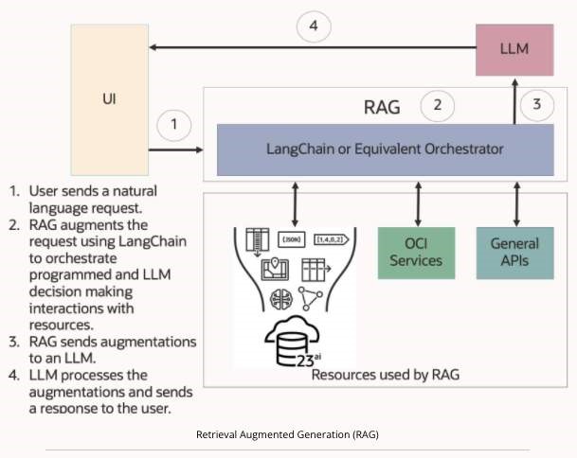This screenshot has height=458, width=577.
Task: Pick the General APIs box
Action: click(515, 252)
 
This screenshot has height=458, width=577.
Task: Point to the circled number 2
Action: click(437, 105)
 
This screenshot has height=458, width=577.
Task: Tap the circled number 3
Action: click(536, 105)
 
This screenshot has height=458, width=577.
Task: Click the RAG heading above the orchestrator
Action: click(380, 106)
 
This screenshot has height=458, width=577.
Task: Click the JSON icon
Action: click(293, 238)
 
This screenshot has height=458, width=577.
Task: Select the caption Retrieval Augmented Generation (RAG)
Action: click(288, 434)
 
